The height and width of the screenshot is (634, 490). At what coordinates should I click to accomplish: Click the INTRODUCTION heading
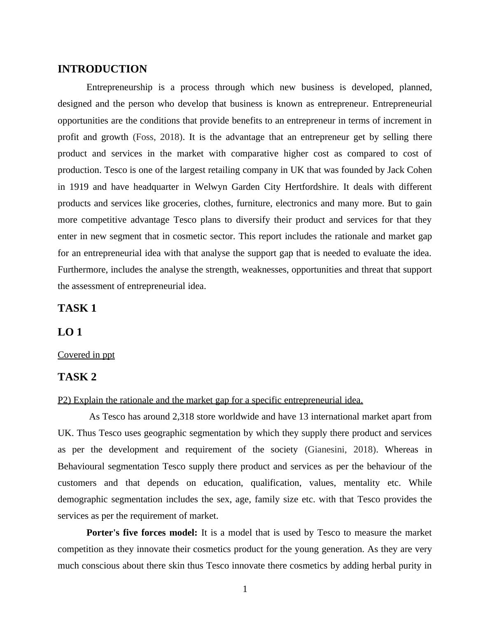[102, 69]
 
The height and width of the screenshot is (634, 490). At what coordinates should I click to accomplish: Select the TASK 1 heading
[77, 308]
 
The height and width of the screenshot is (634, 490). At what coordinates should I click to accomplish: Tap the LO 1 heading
[70, 332]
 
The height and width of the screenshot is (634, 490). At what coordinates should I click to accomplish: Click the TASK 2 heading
[77, 377]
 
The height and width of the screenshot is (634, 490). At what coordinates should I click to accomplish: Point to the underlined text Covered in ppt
[86, 355]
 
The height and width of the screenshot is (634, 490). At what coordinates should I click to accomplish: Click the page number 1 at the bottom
[245, 589]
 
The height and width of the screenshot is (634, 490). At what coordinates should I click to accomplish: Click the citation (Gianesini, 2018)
[341, 450]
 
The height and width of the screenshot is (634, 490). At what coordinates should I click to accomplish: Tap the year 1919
[79, 187]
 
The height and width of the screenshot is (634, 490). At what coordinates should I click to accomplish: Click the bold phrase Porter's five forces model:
[142, 533]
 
